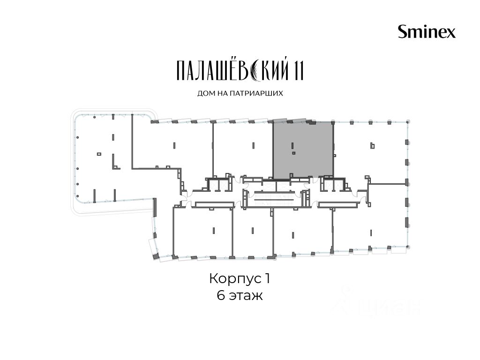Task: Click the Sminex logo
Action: click(x=427, y=31)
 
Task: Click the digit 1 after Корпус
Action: click(x=267, y=278)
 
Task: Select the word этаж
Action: click(x=246, y=296)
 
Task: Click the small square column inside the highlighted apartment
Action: click(x=293, y=153)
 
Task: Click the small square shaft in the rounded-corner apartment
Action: click(x=99, y=154)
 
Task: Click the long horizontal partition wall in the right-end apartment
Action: click(x=388, y=184)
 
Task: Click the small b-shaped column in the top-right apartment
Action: click(x=372, y=146)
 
